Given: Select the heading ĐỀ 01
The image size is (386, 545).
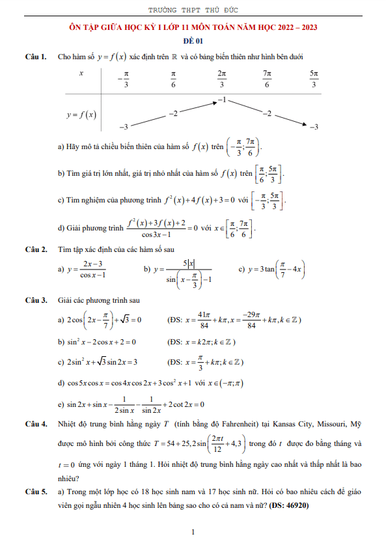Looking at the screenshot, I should point(193,40).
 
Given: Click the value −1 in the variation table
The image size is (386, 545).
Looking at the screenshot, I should point(222,101).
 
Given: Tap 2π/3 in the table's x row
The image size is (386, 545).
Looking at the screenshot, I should point(222,79).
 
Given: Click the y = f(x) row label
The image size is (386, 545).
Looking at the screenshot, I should point(81,115).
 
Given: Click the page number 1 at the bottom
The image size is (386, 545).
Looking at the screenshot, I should point(193,533).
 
